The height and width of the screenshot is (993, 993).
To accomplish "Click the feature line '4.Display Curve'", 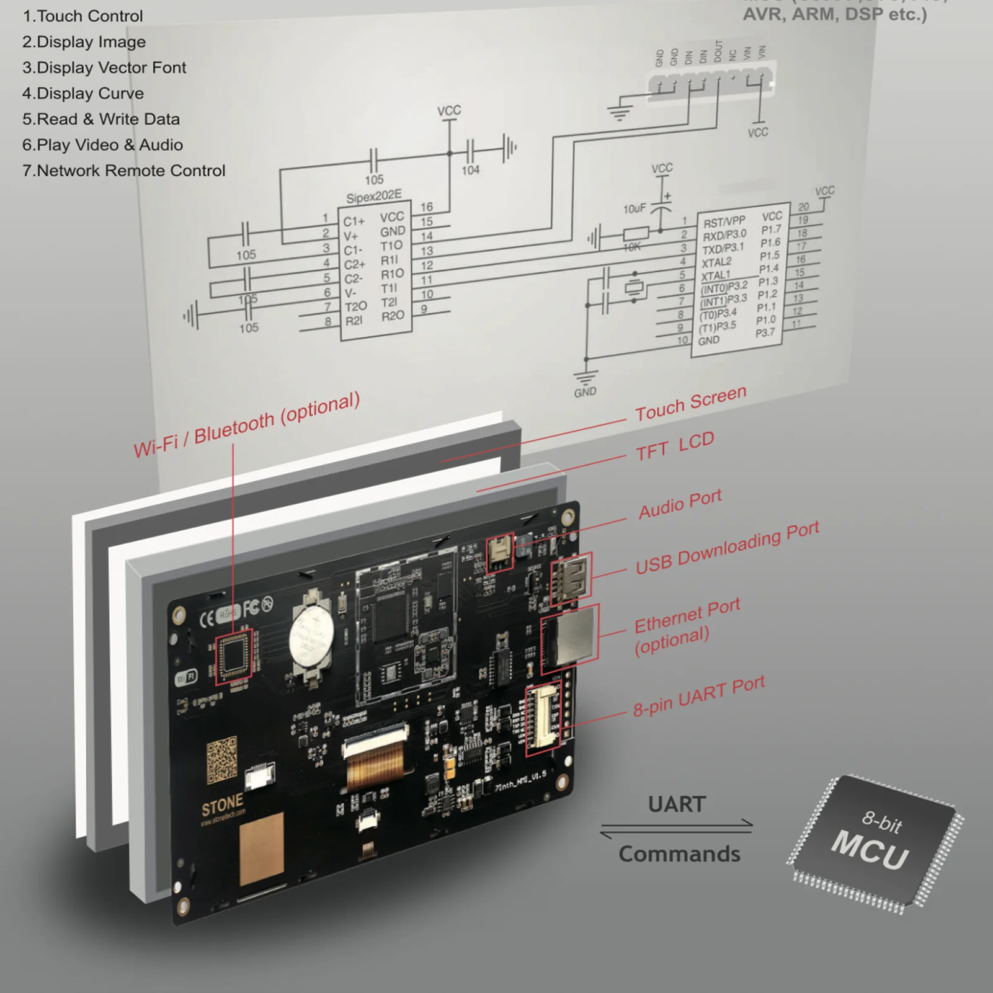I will pos(83,94).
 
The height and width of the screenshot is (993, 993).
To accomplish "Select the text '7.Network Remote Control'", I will pos(124,171).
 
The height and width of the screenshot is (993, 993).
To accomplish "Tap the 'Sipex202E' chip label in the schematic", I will pos(373,197).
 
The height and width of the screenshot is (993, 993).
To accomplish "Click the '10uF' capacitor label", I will pos(634,209).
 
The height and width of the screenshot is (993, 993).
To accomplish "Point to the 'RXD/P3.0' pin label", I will pos(724,235).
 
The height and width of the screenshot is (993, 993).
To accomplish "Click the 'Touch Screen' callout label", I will pos(690,404).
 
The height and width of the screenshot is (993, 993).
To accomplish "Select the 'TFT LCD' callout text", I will pos(675,447).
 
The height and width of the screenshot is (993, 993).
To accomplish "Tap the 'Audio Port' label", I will pos(680,504).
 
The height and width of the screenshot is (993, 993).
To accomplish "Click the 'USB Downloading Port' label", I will pos(727,548).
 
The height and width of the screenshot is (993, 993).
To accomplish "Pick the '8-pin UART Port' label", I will pos(698,697).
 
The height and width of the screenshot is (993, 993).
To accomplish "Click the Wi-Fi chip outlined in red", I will pos(234,657).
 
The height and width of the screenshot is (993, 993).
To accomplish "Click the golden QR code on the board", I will pos(221,759).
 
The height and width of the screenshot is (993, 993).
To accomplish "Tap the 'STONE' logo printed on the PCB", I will pos(222,805).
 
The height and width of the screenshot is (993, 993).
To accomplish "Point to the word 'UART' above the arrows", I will pos(677,804).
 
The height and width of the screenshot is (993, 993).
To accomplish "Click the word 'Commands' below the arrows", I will pos(679,854).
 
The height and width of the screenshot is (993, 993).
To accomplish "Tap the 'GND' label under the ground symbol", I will pos(585,392).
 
